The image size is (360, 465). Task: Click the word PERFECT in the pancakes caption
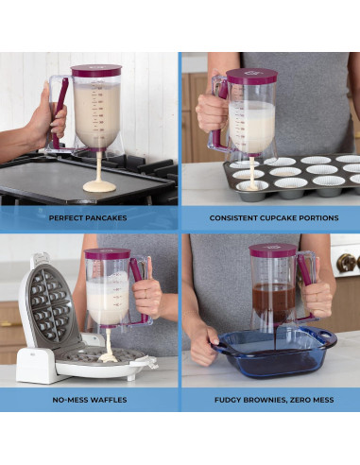click(x=68, y=217)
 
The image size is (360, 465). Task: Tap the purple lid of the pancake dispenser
click(x=96, y=71)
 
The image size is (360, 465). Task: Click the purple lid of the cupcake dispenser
click(x=251, y=75)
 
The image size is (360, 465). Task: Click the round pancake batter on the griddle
click(x=99, y=186)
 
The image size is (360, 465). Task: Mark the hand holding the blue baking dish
click(x=202, y=344)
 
